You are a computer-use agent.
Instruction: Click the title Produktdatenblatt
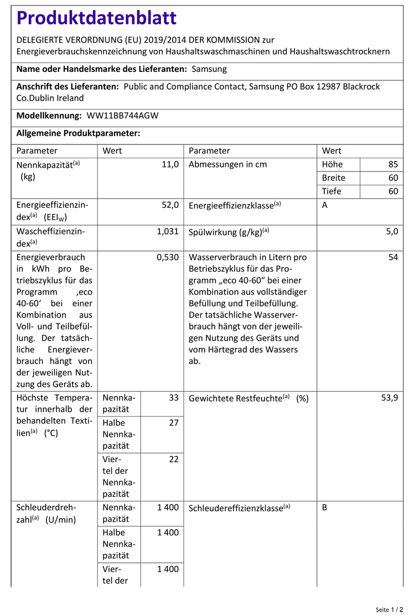pos(97,18)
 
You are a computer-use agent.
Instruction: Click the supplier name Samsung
pos(209,70)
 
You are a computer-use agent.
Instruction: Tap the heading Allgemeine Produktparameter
pos(78,133)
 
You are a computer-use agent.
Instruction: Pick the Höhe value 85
pos(393,164)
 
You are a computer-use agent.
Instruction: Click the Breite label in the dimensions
pos(334,178)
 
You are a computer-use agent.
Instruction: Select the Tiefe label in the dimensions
pos(332,191)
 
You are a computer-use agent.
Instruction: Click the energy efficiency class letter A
pos(325,205)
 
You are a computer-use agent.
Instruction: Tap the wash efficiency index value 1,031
pos(168,232)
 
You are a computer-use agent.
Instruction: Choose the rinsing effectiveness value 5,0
pos(391,232)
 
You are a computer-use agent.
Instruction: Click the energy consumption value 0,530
pos(168,257)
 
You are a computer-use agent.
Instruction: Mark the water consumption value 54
pos(393,257)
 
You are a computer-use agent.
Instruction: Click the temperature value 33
pos(174,398)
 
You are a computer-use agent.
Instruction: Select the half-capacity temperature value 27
pos(174,423)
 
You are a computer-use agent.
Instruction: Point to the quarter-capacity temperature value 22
pos(174,460)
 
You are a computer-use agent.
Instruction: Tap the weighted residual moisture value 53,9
pos(390,398)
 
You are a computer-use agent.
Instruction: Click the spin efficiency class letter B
pos(325,507)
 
